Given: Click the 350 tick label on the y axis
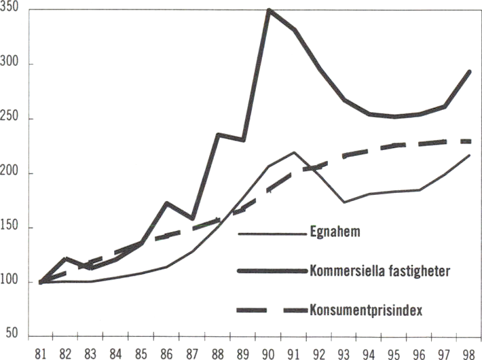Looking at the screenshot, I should (10, 10).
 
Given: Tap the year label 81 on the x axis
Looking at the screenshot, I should (41, 353).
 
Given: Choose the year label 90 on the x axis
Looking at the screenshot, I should (270, 353).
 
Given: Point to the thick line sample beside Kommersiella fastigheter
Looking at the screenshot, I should (272, 271).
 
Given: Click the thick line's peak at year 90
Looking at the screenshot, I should (270, 11).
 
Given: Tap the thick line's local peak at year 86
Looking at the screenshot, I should (168, 202).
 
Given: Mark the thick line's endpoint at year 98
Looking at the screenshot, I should (469, 71).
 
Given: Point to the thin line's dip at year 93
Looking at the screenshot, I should (345, 202).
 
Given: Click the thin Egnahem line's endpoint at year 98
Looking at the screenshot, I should (469, 156).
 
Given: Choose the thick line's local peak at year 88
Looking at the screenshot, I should (219, 134).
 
